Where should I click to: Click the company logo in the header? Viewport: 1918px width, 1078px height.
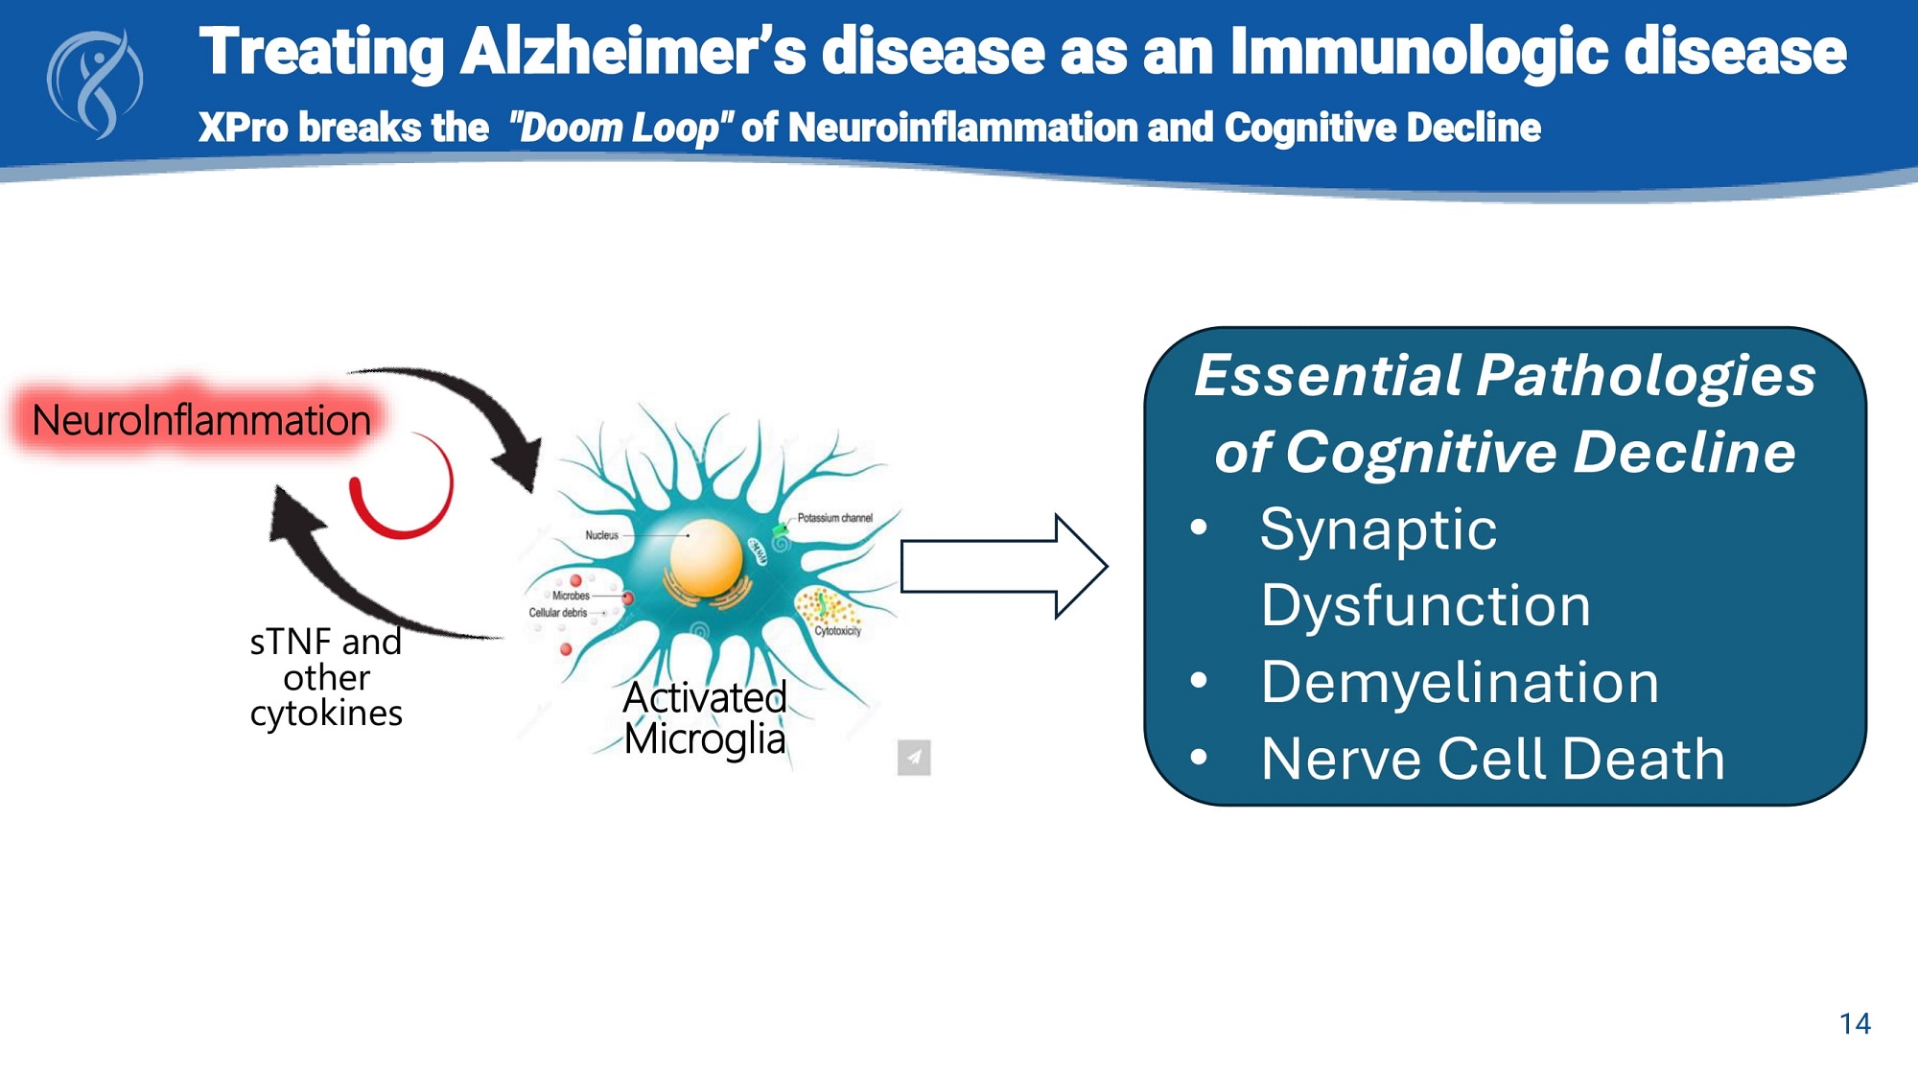click(x=94, y=84)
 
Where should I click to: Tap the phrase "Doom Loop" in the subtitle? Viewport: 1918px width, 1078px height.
click(x=620, y=128)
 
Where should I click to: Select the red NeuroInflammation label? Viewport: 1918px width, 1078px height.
click(x=200, y=421)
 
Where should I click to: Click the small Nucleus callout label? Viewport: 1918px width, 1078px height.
click(x=602, y=535)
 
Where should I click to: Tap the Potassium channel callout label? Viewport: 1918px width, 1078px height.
click(x=834, y=518)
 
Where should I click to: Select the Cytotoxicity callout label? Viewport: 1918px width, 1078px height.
click(x=837, y=631)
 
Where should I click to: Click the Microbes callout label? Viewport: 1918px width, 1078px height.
click(x=571, y=596)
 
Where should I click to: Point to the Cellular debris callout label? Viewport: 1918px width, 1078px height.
click(x=557, y=613)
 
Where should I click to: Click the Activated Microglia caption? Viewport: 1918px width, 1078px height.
click(x=705, y=718)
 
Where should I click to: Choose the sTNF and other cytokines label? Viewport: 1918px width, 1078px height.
click(x=326, y=677)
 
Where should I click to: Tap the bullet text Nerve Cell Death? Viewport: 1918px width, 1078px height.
click(x=1492, y=760)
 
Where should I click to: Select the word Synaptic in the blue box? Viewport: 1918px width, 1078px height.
click(x=1378, y=529)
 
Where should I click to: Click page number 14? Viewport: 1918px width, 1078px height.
click(x=1855, y=1024)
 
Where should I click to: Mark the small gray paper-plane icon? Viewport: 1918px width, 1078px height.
click(x=914, y=758)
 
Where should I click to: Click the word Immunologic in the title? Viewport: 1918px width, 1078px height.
click(x=1419, y=52)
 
